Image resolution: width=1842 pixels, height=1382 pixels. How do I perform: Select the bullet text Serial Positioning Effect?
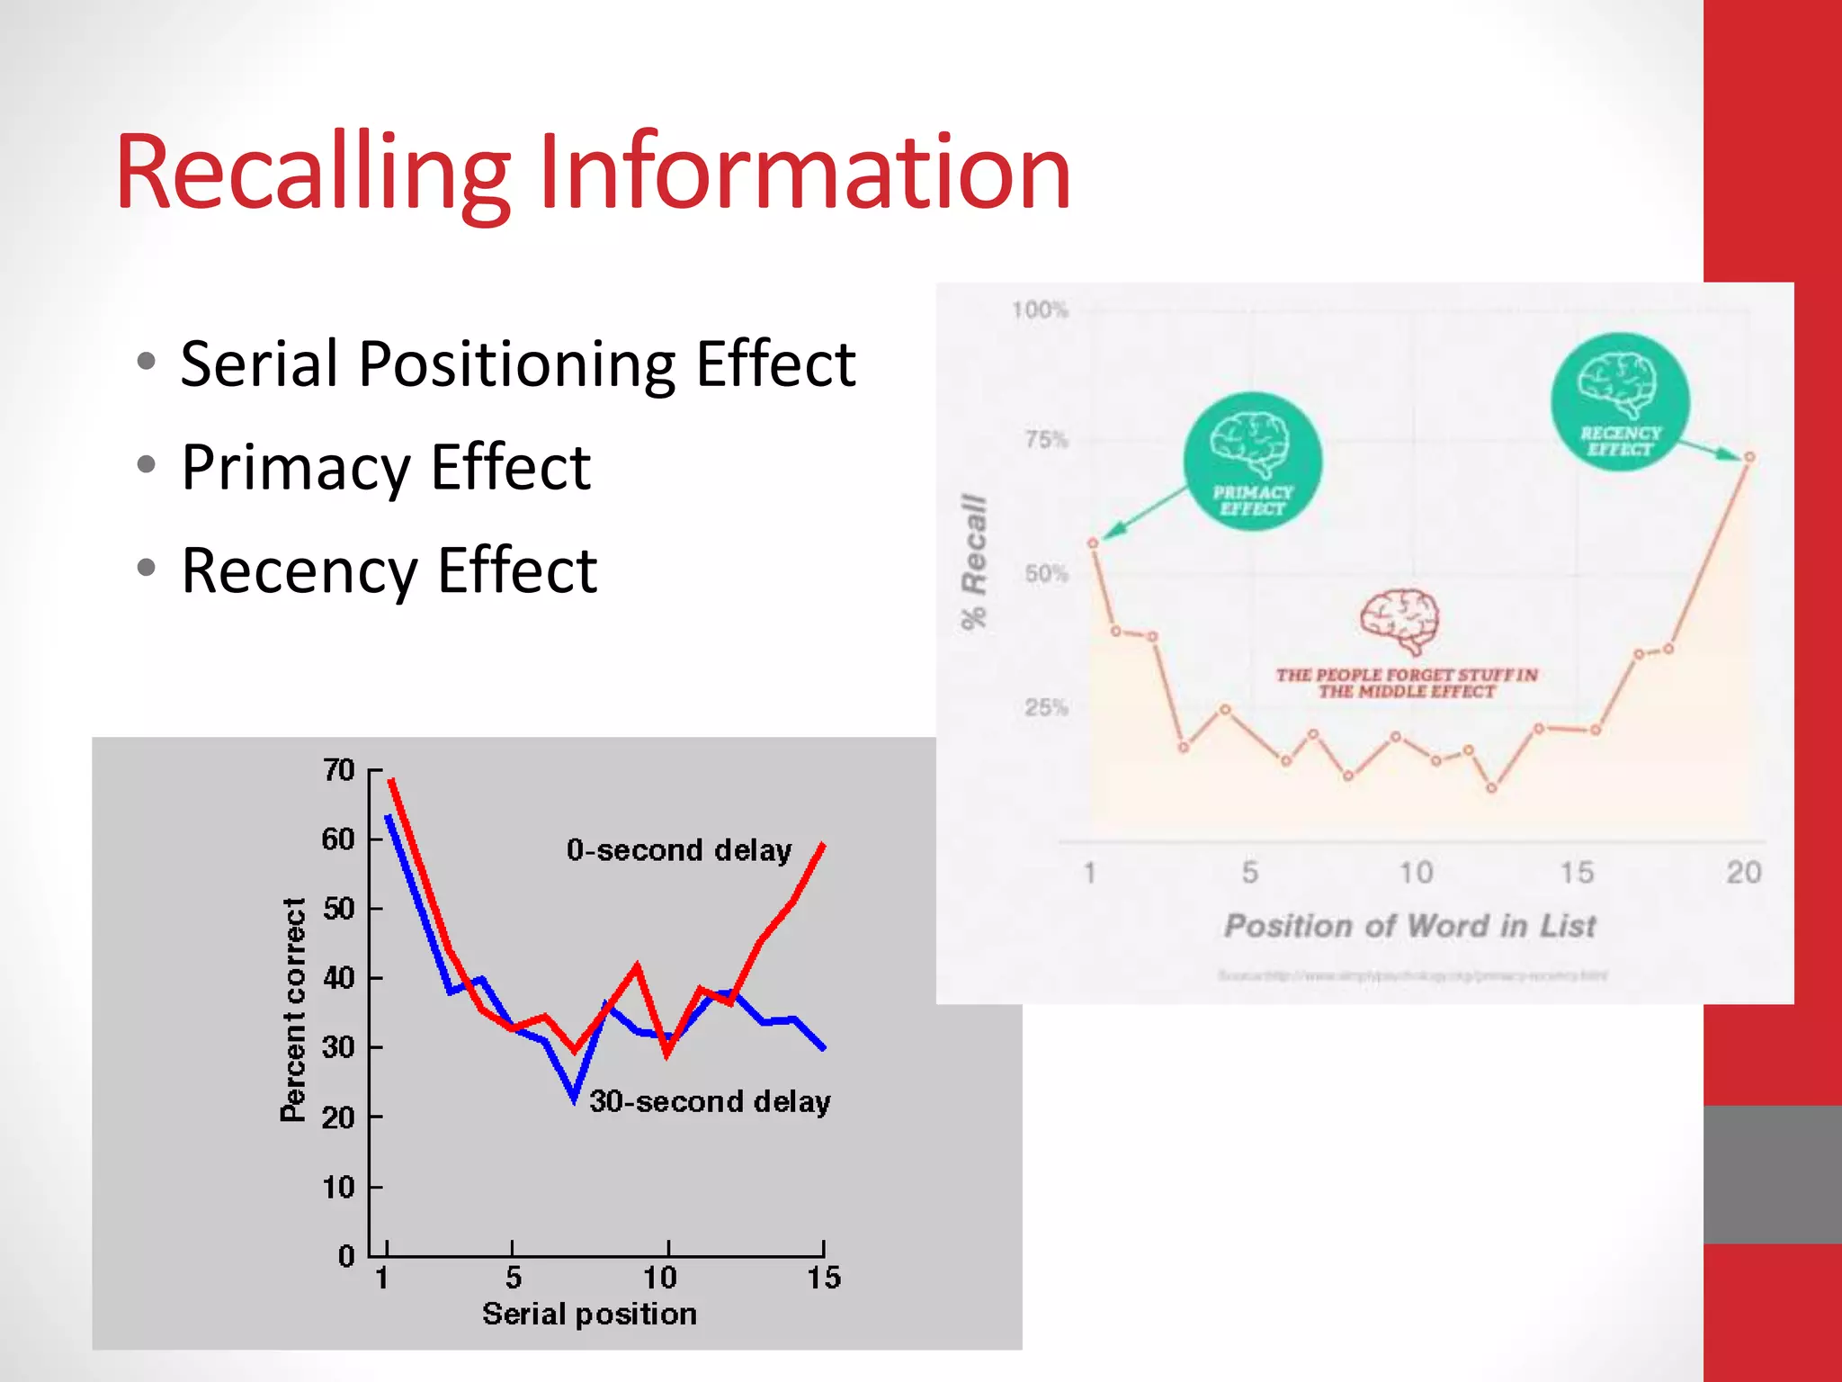[517, 364]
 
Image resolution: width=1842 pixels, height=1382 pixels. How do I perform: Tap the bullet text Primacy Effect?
[386, 468]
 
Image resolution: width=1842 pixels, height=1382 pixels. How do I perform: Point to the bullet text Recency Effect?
[389, 570]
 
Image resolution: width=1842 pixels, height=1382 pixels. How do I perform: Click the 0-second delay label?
[679, 850]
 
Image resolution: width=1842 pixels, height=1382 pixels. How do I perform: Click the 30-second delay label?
[710, 1101]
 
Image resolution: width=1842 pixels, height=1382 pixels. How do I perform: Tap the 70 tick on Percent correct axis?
[339, 770]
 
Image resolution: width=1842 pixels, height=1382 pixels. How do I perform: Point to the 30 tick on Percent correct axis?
[339, 1047]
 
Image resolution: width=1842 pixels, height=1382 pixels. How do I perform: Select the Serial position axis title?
[589, 1314]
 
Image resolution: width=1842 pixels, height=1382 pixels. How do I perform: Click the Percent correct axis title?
[293, 1010]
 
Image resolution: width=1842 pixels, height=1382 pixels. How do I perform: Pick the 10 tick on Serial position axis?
[660, 1278]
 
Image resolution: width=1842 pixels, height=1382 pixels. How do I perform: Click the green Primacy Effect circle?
[1252, 462]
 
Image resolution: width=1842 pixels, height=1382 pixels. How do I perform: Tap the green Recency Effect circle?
[1620, 401]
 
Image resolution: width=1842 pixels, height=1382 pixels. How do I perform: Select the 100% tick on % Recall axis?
[1040, 310]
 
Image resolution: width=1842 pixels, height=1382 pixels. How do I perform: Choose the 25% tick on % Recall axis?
[1046, 707]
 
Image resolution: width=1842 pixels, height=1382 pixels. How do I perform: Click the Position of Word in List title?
[1409, 926]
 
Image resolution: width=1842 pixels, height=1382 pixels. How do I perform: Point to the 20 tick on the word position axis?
[1743, 872]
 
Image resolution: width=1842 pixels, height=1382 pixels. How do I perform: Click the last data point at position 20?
[1749, 457]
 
